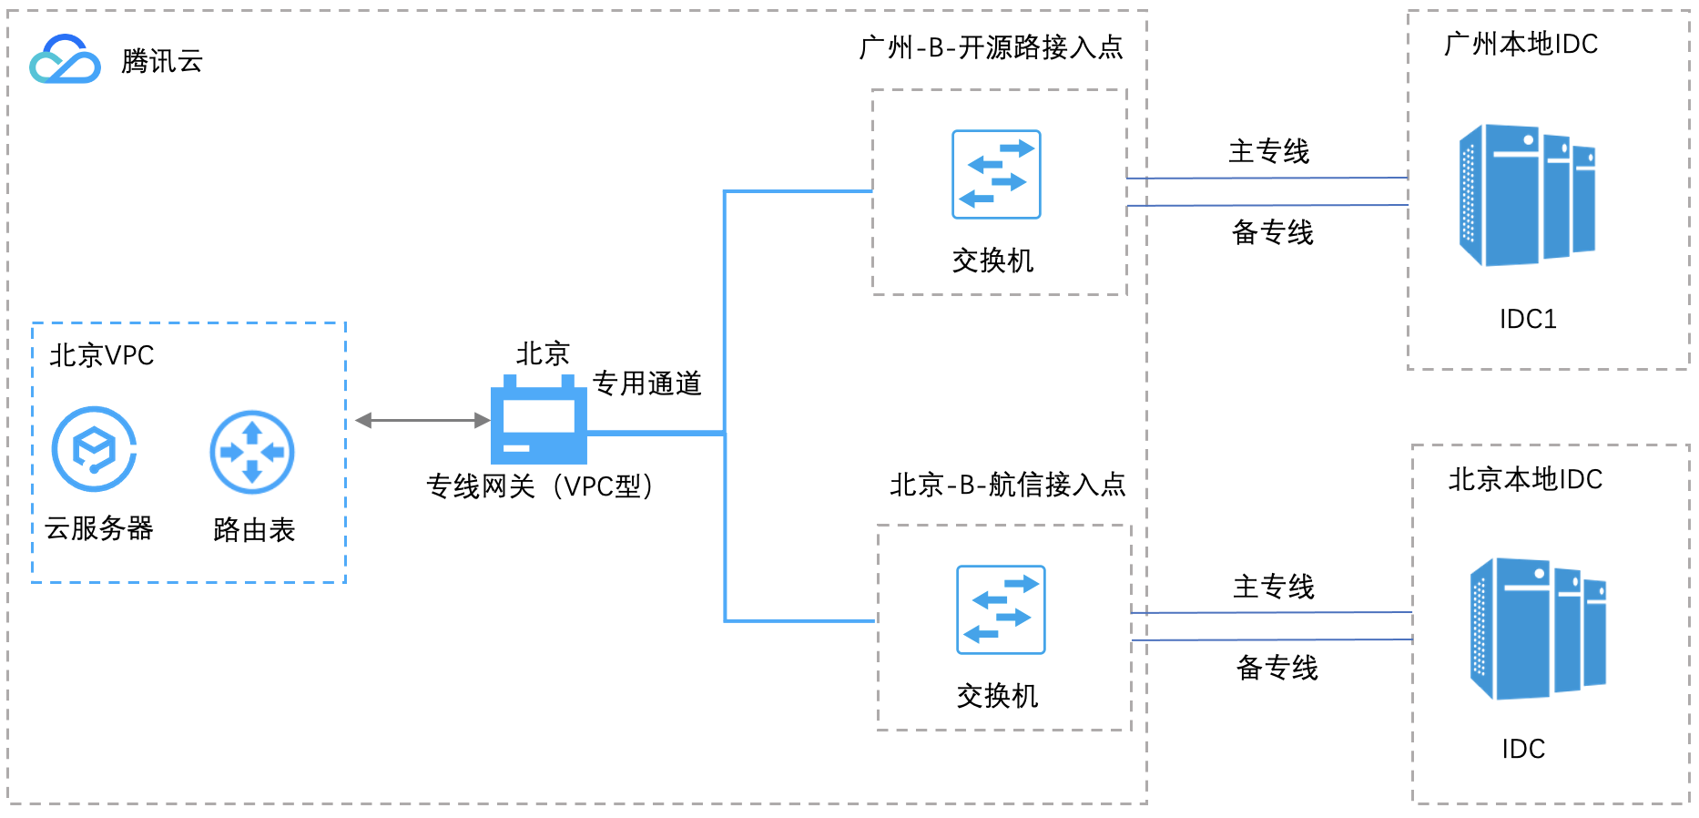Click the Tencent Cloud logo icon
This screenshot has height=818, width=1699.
point(65,60)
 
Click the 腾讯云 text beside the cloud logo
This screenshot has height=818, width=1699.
point(162,61)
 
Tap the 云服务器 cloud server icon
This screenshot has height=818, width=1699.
point(94,449)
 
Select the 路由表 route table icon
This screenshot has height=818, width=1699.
point(252,452)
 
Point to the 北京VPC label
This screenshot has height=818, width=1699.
point(102,355)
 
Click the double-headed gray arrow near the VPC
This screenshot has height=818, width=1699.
point(422,420)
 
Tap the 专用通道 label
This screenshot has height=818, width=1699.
point(647,383)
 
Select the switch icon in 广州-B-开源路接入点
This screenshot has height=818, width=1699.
point(996,174)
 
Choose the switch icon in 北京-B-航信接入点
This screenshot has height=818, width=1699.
point(1001,609)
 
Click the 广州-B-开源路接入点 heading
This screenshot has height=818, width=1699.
point(991,47)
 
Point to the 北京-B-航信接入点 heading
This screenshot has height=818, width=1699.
point(1008,485)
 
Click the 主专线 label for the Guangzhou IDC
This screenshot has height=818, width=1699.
point(1269,151)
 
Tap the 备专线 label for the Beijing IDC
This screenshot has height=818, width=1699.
point(1277,668)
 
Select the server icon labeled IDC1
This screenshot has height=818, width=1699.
point(1527,196)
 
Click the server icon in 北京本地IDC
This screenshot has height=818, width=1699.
point(1538,629)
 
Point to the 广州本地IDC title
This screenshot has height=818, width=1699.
point(1521,44)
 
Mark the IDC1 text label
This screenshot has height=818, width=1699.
point(1528,319)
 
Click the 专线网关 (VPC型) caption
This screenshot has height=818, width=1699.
point(540,486)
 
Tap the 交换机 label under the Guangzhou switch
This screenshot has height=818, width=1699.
point(993,261)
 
